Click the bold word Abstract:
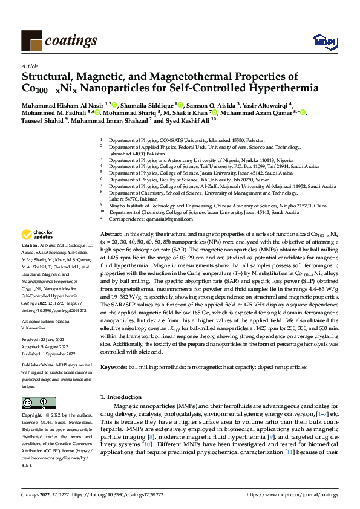click(x=111, y=234)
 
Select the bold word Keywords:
click(x=114, y=367)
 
